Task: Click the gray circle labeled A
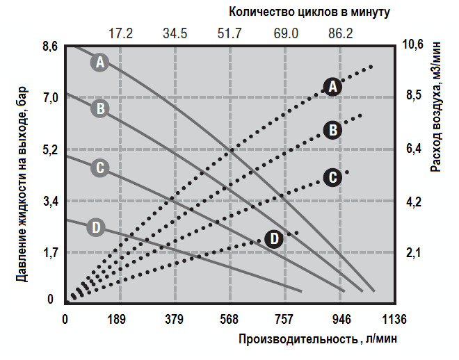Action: coord(101,62)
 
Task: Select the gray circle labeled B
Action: coord(101,108)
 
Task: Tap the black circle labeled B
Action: coord(333,130)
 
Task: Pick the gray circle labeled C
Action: coord(101,167)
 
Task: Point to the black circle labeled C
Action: coord(333,177)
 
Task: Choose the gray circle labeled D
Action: coord(97,227)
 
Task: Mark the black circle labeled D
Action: coord(275,239)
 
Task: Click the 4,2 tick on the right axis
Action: coord(414,202)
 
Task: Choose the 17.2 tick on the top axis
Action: coord(120,33)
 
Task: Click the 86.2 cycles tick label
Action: coord(340,33)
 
